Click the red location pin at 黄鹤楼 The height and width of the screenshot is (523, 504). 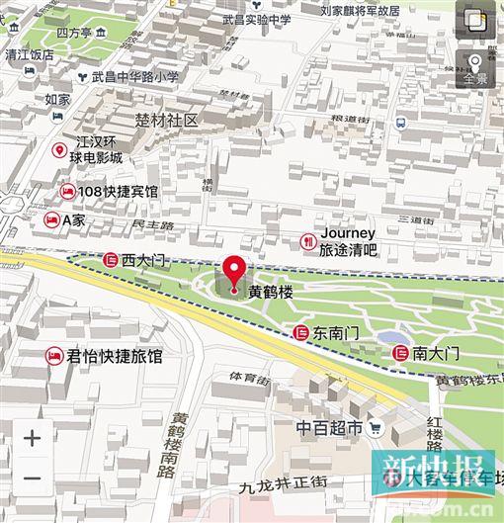pos(233,273)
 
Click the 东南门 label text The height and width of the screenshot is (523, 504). pos(336,334)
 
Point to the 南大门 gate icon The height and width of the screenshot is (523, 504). pos(400,353)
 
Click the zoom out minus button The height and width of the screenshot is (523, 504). pos(32,479)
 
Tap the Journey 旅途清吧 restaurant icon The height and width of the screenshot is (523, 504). pos(308,240)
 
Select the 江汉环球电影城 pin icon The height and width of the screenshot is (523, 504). pos(59,150)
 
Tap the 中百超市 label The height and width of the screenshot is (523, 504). pos(330,428)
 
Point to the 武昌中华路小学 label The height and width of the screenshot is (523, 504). pos(135,76)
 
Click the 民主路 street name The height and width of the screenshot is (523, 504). pos(152,226)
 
